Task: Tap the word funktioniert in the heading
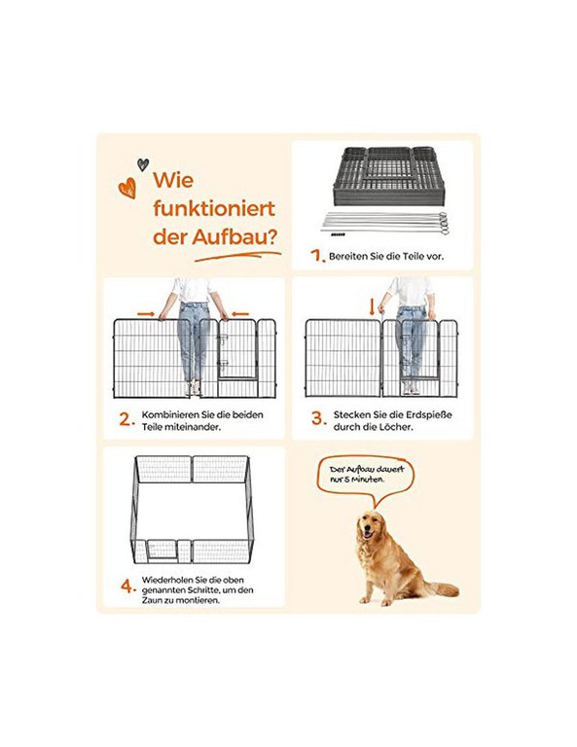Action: click(214, 209)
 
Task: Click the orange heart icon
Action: click(127, 188)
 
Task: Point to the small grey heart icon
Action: click(143, 164)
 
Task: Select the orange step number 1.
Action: click(318, 256)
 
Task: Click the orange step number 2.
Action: click(127, 420)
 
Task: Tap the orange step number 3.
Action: click(319, 419)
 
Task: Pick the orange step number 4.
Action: click(128, 586)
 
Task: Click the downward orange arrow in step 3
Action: click(372, 307)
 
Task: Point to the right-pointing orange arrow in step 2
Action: click(146, 314)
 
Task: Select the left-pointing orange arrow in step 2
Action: click(239, 314)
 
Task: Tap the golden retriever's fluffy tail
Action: click(441, 589)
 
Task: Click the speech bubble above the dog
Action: click(366, 479)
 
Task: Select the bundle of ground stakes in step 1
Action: click(385, 224)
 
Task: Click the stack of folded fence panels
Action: click(389, 176)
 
